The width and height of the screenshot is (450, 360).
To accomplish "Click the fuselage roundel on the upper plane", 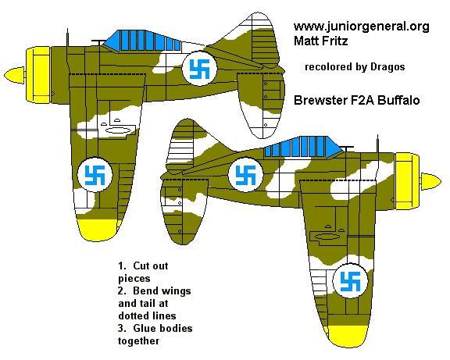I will [x=197, y=70].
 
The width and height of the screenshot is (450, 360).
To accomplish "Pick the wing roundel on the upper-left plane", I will [x=97, y=176].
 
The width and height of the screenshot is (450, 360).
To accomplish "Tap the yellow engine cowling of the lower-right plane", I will [x=407, y=179].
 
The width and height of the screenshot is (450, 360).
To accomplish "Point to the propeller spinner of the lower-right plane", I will [x=431, y=181].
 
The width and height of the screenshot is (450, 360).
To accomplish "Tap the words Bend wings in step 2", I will [x=149, y=290].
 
